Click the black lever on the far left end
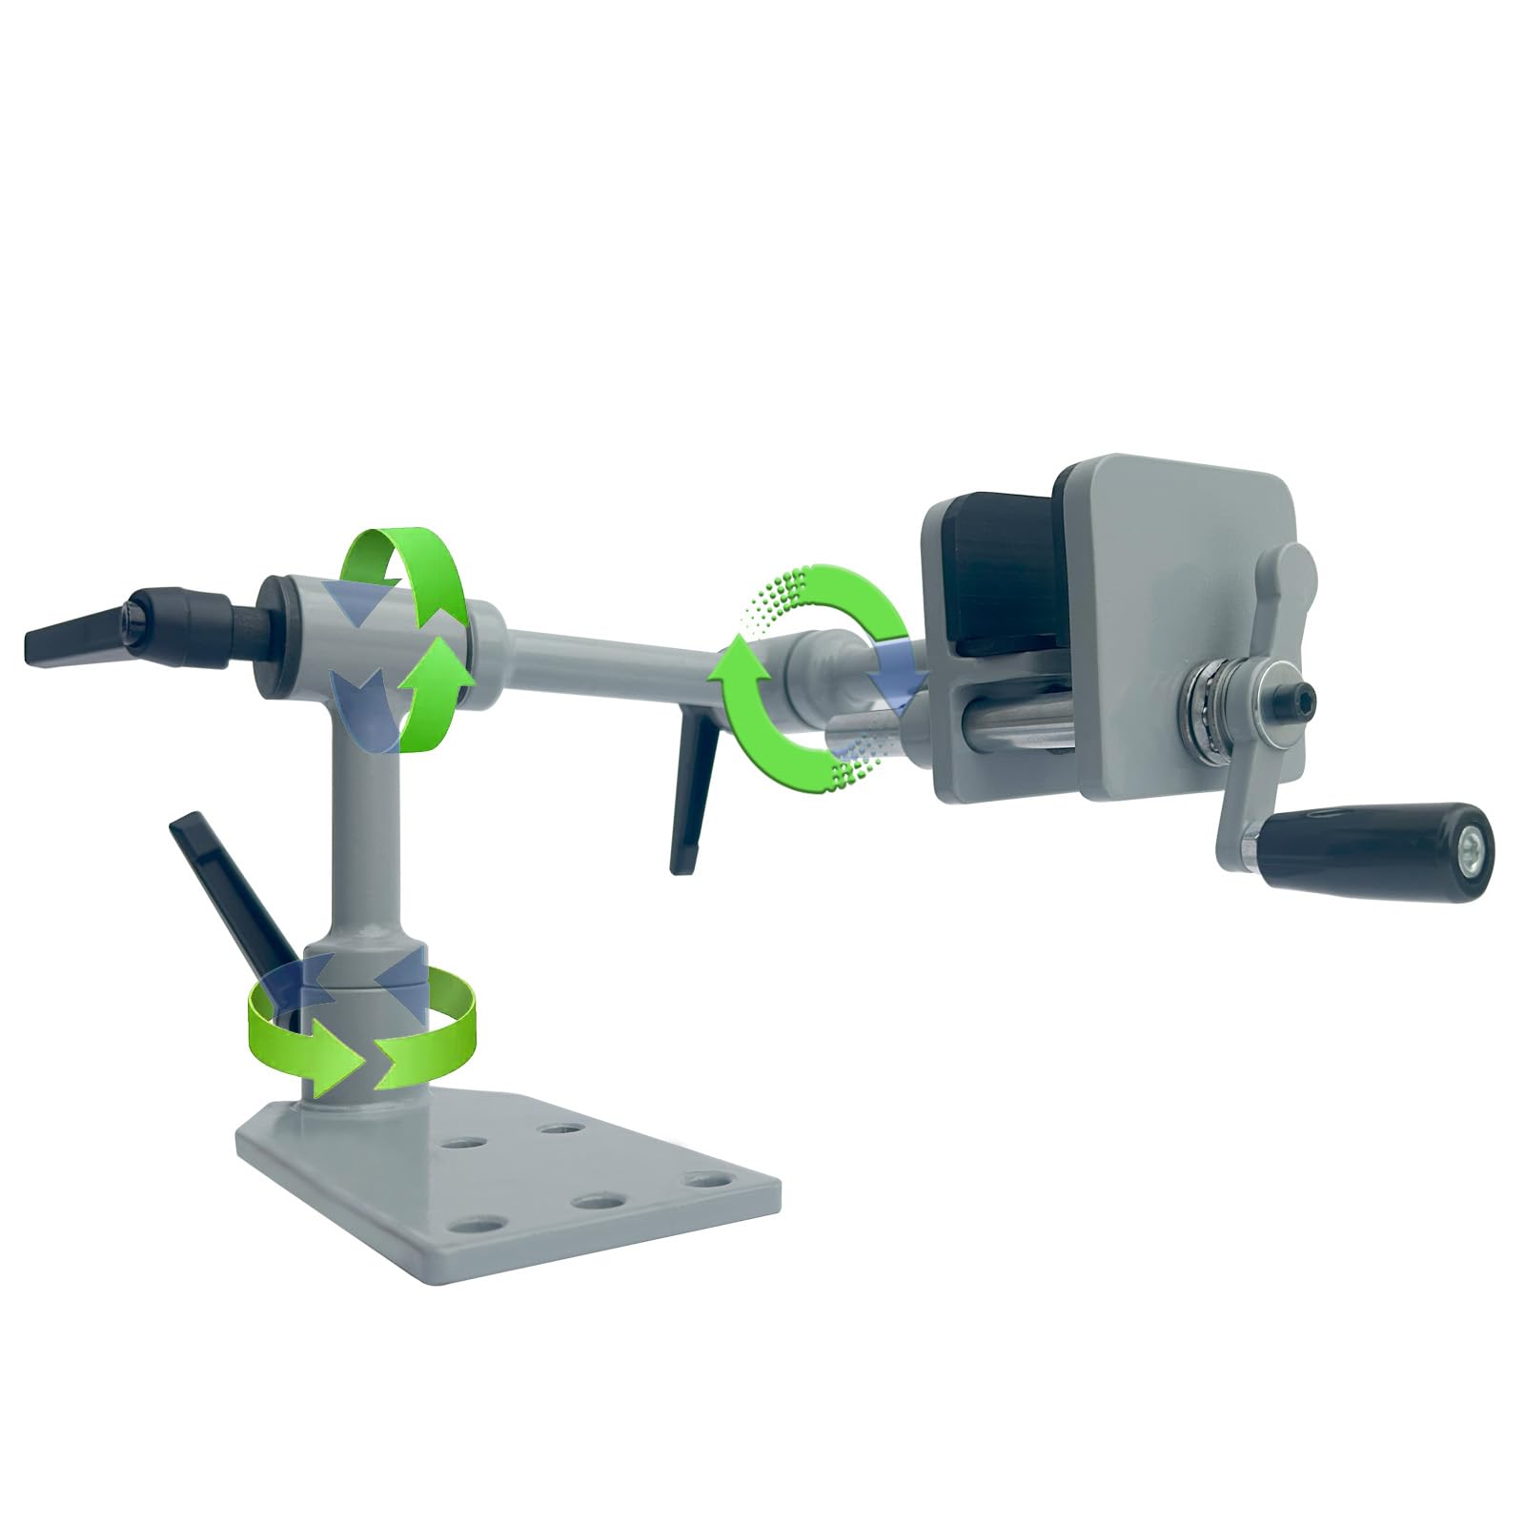pyautogui.click(x=76, y=640)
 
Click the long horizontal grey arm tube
pyautogui.click(x=610, y=658)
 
